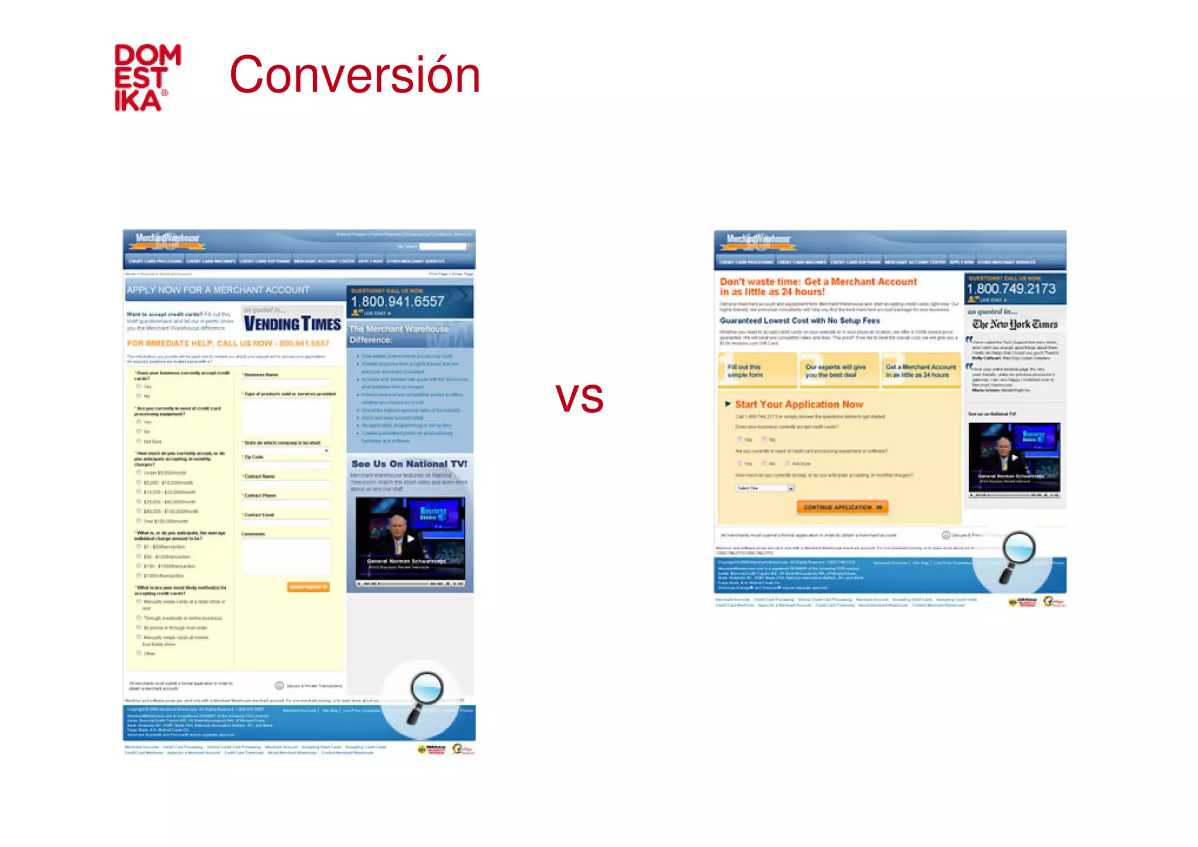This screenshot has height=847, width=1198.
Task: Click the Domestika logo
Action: (x=147, y=78)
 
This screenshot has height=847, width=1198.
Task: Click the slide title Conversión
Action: (x=354, y=74)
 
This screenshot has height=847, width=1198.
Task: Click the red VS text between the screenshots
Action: (x=579, y=399)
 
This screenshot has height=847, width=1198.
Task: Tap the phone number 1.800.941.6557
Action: (x=397, y=301)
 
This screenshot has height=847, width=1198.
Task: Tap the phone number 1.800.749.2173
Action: (x=1011, y=289)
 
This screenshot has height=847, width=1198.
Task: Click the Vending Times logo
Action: (x=292, y=323)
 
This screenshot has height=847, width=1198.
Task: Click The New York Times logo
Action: (x=1015, y=324)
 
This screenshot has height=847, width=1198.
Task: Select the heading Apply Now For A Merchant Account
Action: (x=218, y=290)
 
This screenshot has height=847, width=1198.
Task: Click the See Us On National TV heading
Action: (x=409, y=464)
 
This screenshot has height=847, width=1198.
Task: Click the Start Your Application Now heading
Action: (x=798, y=404)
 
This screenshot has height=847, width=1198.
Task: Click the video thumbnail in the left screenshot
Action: (x=410, y=538)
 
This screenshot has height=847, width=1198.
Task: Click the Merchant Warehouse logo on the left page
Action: (x=167, y=238)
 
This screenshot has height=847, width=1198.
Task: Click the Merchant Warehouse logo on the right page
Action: (x=758, y=239)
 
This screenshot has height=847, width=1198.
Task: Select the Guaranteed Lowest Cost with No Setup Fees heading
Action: (x=800, y=320)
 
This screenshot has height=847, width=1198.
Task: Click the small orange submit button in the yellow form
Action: (x=308, y=587)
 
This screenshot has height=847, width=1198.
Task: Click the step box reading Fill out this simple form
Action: (x=757, y=371)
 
